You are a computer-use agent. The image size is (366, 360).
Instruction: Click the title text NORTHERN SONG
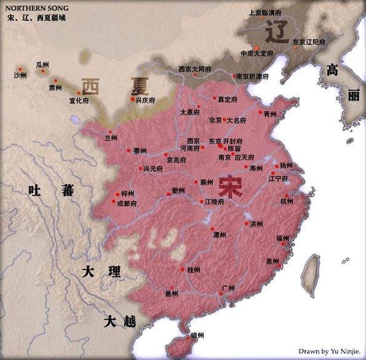point(32,9)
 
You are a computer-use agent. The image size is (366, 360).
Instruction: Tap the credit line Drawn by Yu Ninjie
point(329,351)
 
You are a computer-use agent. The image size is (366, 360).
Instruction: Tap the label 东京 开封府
point(226,141)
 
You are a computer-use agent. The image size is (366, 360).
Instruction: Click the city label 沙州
point(20,75)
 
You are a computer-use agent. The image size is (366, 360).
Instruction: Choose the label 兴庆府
point(145,100)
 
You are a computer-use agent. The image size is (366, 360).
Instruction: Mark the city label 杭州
point(287,201)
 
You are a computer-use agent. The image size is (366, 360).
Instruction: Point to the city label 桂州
point(193,270)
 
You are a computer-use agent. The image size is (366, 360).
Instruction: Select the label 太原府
point(191,113)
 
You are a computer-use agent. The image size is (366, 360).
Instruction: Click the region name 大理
point(101,272)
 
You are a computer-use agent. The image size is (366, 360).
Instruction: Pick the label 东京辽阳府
point(309,42)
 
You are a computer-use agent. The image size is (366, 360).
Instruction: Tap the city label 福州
point(282,238)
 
